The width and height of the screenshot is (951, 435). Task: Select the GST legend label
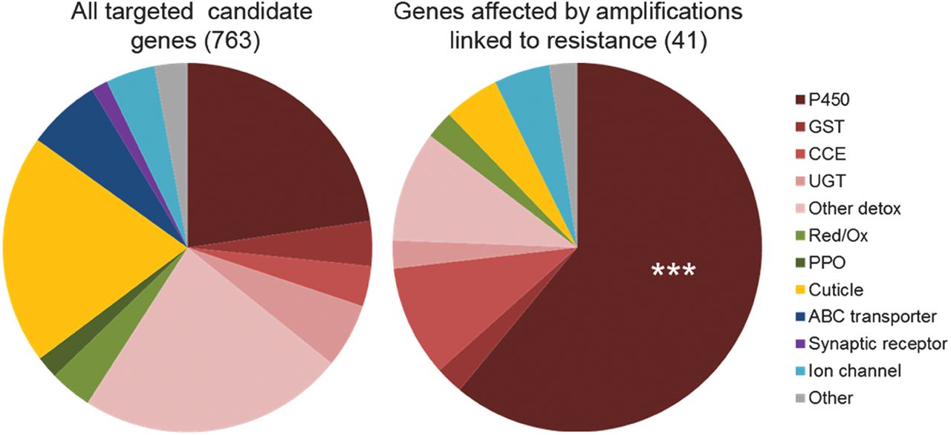825,128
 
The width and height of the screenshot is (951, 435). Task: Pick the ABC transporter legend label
870,317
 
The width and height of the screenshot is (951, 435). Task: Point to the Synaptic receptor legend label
877,344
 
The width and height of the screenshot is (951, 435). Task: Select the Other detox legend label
854,209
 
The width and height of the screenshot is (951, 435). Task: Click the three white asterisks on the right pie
672,272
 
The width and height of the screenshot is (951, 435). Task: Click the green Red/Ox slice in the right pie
444,131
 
